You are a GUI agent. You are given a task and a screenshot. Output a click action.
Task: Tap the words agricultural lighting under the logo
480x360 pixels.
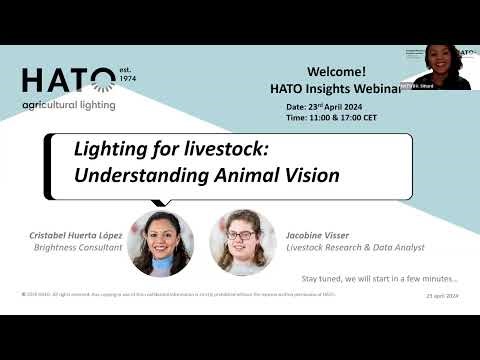68,104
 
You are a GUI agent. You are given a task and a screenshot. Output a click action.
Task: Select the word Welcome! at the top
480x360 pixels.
336,72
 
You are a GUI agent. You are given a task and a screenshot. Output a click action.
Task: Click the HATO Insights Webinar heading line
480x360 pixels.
334,88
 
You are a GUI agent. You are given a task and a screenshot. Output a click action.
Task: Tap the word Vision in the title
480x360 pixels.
309,174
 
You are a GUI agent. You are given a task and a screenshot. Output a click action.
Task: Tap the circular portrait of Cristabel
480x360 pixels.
160,240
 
